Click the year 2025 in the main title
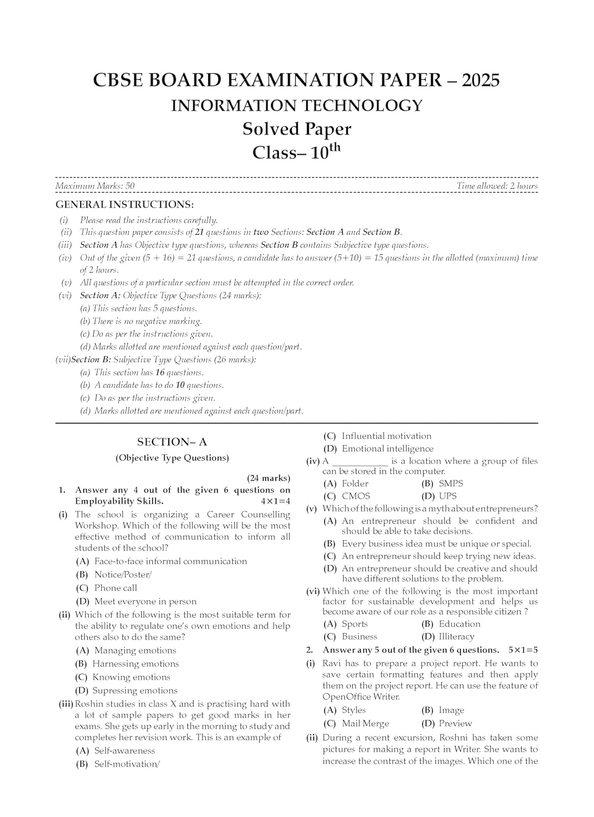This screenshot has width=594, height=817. point(481,81)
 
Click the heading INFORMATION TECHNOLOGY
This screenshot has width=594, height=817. point(297,106)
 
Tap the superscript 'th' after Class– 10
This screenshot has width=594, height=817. point(335,147)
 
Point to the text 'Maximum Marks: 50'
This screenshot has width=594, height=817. point(95,186)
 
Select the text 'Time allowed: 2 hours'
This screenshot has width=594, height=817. point(497,186)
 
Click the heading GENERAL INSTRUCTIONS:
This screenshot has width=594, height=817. point(125,205)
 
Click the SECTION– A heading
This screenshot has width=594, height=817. point(172,442)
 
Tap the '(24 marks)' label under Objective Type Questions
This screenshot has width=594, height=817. point(268,478)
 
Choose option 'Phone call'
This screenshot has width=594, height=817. point(115,588)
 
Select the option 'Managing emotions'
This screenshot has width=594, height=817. point(135,650)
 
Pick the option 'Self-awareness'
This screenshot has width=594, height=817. point(125,751)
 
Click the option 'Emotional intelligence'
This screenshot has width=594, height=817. point(388,449)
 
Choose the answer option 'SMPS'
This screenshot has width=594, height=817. point(451,484)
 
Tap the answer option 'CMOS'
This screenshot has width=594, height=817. point(356,496)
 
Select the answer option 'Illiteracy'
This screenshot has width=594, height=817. point(456,637)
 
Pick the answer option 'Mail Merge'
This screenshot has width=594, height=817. point(365,724)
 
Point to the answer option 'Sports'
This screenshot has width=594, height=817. point(355,624)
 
